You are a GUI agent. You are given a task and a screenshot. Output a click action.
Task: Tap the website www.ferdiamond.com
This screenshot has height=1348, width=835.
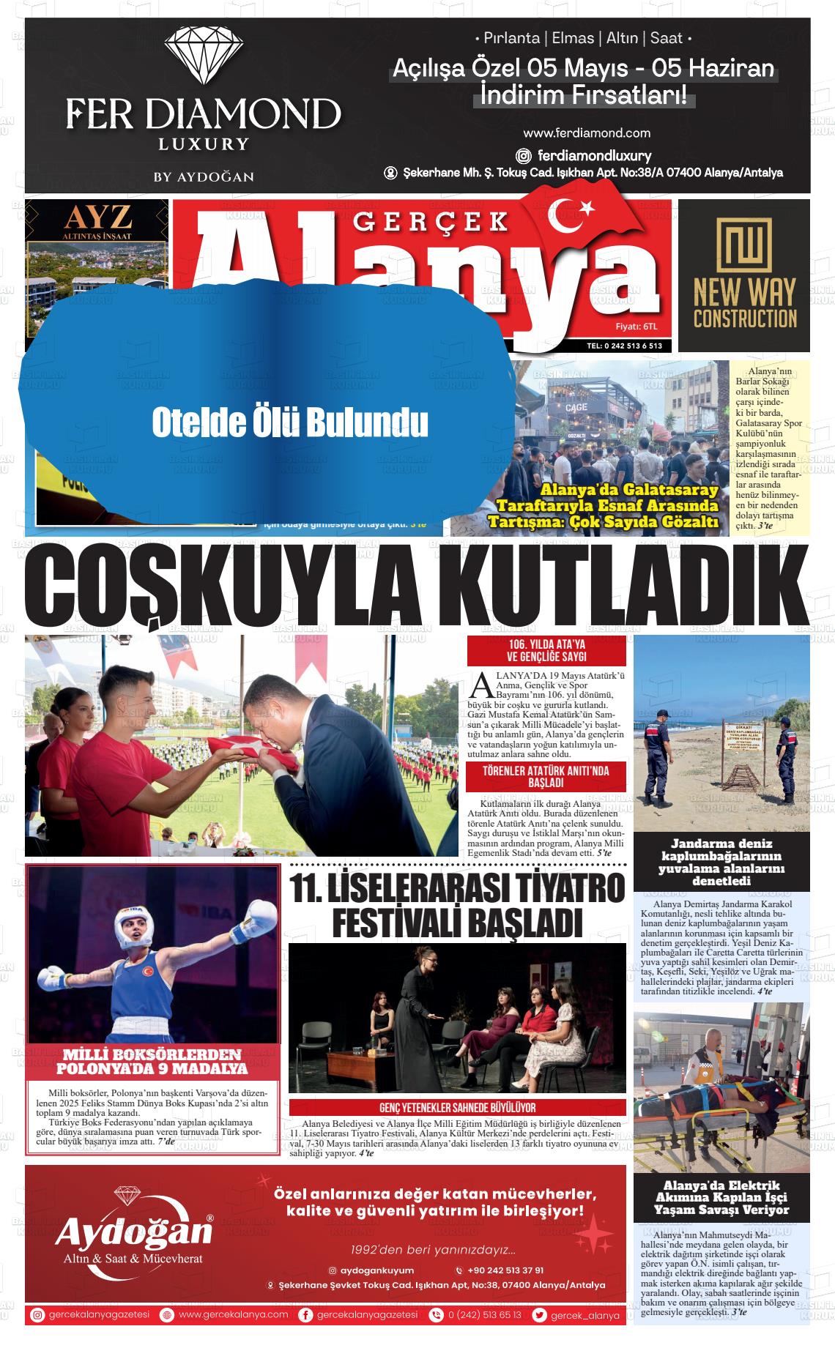pyautogui.click(x=587, y=133)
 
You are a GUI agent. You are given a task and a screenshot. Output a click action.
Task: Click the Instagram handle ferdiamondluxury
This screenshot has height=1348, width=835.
pyautogui.click(x=593, y=155)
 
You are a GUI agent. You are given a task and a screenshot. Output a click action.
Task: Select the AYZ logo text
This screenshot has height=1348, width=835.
pyautogui.click(x=98, y=217)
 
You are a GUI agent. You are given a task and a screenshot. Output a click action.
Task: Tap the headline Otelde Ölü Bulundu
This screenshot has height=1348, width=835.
pyautogui.click(x=289, y=422)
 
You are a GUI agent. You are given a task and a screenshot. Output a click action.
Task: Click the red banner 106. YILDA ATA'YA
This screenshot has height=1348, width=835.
pyautogui.click(x=546, y=651)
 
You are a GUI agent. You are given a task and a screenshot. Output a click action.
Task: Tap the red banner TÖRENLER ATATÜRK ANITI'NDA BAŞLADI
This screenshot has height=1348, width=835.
pyautogui.click(x=546, y=777)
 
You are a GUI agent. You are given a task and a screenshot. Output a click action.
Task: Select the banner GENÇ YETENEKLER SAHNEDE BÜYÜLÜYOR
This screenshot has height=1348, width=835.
pyautogui.click(x=457, y=1108)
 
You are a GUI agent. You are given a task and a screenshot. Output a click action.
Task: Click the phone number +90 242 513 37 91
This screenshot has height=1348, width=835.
pyautogui.click(x=505, y=1270)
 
